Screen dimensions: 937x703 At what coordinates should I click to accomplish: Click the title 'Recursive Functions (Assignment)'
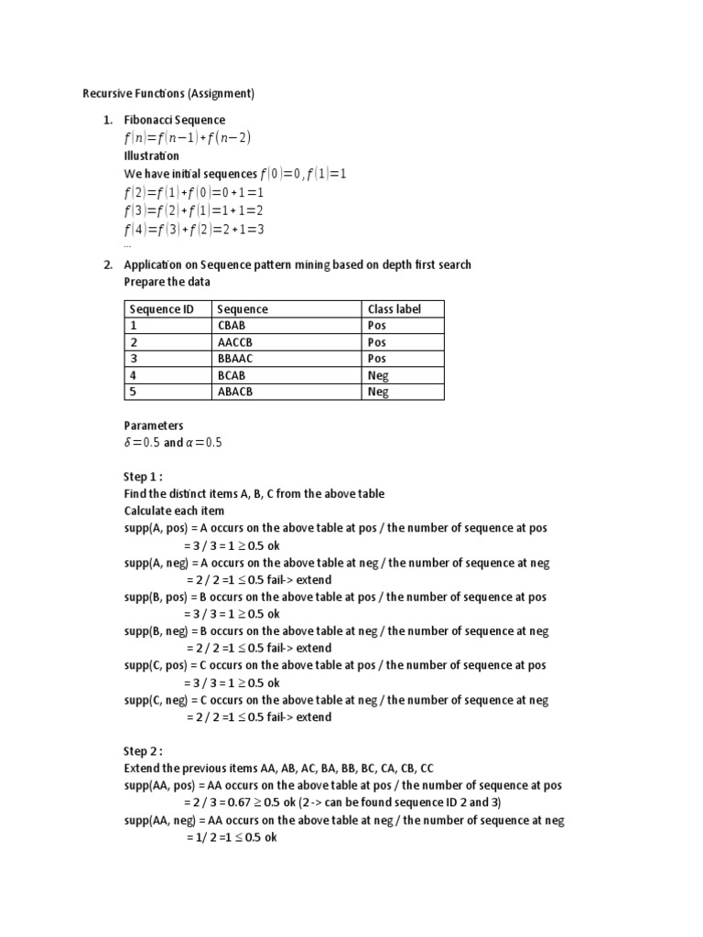click(168, 93)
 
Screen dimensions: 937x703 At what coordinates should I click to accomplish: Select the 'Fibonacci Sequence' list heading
click(174, 120)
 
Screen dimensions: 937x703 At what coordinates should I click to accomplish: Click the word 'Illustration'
click(152, 156)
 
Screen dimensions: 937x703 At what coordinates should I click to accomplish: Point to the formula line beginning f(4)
click(194, 229)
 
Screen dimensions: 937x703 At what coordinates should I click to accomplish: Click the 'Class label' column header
click(394, 309)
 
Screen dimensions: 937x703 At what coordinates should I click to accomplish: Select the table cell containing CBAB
click(233, 326)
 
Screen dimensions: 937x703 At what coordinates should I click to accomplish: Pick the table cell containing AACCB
click(235, 342)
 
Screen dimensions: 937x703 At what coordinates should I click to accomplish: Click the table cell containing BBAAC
click(235, 359)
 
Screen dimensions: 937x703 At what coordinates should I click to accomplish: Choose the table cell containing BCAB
click(233, 375)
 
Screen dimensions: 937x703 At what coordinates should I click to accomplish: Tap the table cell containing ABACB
click(235, 392)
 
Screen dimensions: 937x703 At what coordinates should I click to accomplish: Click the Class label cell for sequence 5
click(378, 392)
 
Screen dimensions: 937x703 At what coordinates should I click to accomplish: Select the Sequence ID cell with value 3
click(133, 359)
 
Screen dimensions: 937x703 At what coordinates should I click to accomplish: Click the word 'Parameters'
click(154, 425)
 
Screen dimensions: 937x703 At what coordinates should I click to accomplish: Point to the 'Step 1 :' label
click(143, 477)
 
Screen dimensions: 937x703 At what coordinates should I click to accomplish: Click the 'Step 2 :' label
click(143, 751)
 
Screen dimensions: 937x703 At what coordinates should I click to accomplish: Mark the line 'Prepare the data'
click(168, 282)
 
